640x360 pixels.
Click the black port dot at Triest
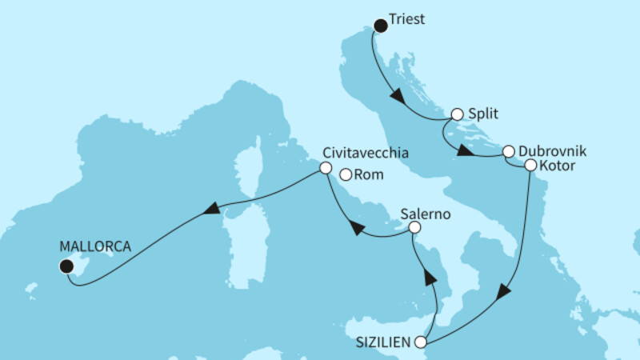point(381,26)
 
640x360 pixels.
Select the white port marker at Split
point(458,114)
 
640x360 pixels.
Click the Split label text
point(485,114)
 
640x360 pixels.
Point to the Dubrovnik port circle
point(508,150)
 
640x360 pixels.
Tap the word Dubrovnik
point(554,150)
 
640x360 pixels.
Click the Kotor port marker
point(530,166)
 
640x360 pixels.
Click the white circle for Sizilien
point(422,342)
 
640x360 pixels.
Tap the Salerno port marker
point(414,228)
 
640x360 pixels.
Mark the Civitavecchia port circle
point(325,168)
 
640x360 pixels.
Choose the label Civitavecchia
point(367,152)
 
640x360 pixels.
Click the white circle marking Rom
point(346,174)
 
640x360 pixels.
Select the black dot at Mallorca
point(67,266)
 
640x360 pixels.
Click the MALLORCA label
point(95,246)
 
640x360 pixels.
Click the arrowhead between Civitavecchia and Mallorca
point(211,208)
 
